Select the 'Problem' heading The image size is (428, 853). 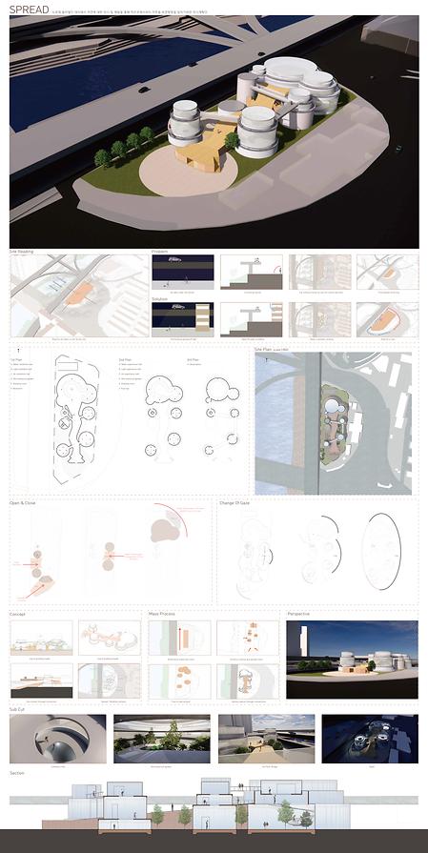pos(162,252)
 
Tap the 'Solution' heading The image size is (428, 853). pos(163,298)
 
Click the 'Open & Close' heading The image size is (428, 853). pos(28,501)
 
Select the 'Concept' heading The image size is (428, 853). pos(19,614)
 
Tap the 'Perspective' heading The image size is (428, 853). pos(303,614)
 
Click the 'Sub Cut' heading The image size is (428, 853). pos(19,709)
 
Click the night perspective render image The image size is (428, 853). pos(352,660)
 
